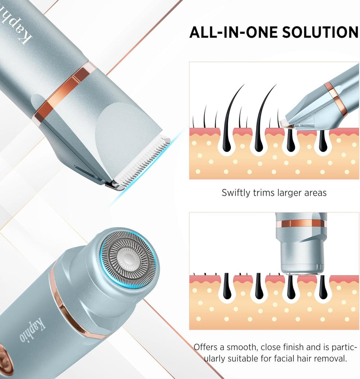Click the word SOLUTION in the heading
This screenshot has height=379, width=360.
click(x=320, y=32)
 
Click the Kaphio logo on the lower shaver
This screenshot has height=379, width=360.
click(x=32, y=330)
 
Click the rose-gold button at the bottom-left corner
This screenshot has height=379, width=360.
click(x=5, y=360)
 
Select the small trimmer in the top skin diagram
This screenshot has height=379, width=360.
click(x=321, y=102)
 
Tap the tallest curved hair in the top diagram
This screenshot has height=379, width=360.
click(x=233, y=113)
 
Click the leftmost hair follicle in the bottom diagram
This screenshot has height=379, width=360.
click(x=226, y=286)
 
